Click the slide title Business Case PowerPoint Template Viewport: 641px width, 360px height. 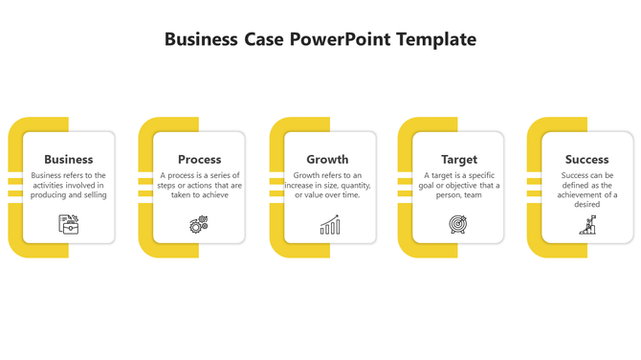[320, 39]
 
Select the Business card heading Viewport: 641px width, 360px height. [69, 159]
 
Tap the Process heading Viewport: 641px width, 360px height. [199, 159]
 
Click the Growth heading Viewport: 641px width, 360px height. [327, 159]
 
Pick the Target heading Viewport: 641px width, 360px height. [459, 159]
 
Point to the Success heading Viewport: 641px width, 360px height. [586, 159]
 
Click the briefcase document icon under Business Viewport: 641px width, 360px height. [69, 224]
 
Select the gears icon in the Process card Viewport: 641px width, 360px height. [199, 225]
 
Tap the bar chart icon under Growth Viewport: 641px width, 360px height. [329, 225]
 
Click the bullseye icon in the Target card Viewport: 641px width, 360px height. [458, 225]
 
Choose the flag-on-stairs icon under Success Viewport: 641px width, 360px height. [587, 225]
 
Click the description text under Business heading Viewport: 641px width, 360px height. [69, 185]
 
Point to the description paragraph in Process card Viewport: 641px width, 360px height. [200, 185]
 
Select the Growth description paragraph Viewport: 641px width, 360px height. [327, 185]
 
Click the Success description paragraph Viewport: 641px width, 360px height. [587, 190]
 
